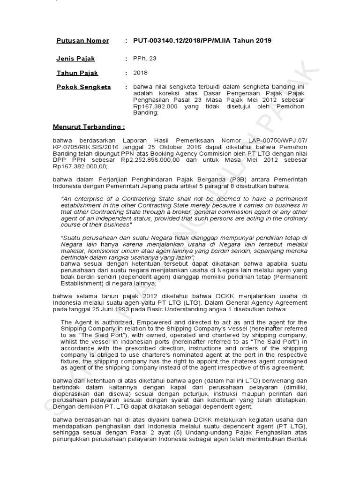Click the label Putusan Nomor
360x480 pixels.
[x=82, y=41]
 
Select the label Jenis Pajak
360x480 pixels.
[x=75, y=59]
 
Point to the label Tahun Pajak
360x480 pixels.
[x=77, y=73]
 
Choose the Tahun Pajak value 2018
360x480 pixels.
[x=140, y=73]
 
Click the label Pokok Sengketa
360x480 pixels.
[x=83, y=87]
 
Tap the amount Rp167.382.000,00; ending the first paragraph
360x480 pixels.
[x=80, y=166]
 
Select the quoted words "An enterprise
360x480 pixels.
[x=86, y=199]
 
